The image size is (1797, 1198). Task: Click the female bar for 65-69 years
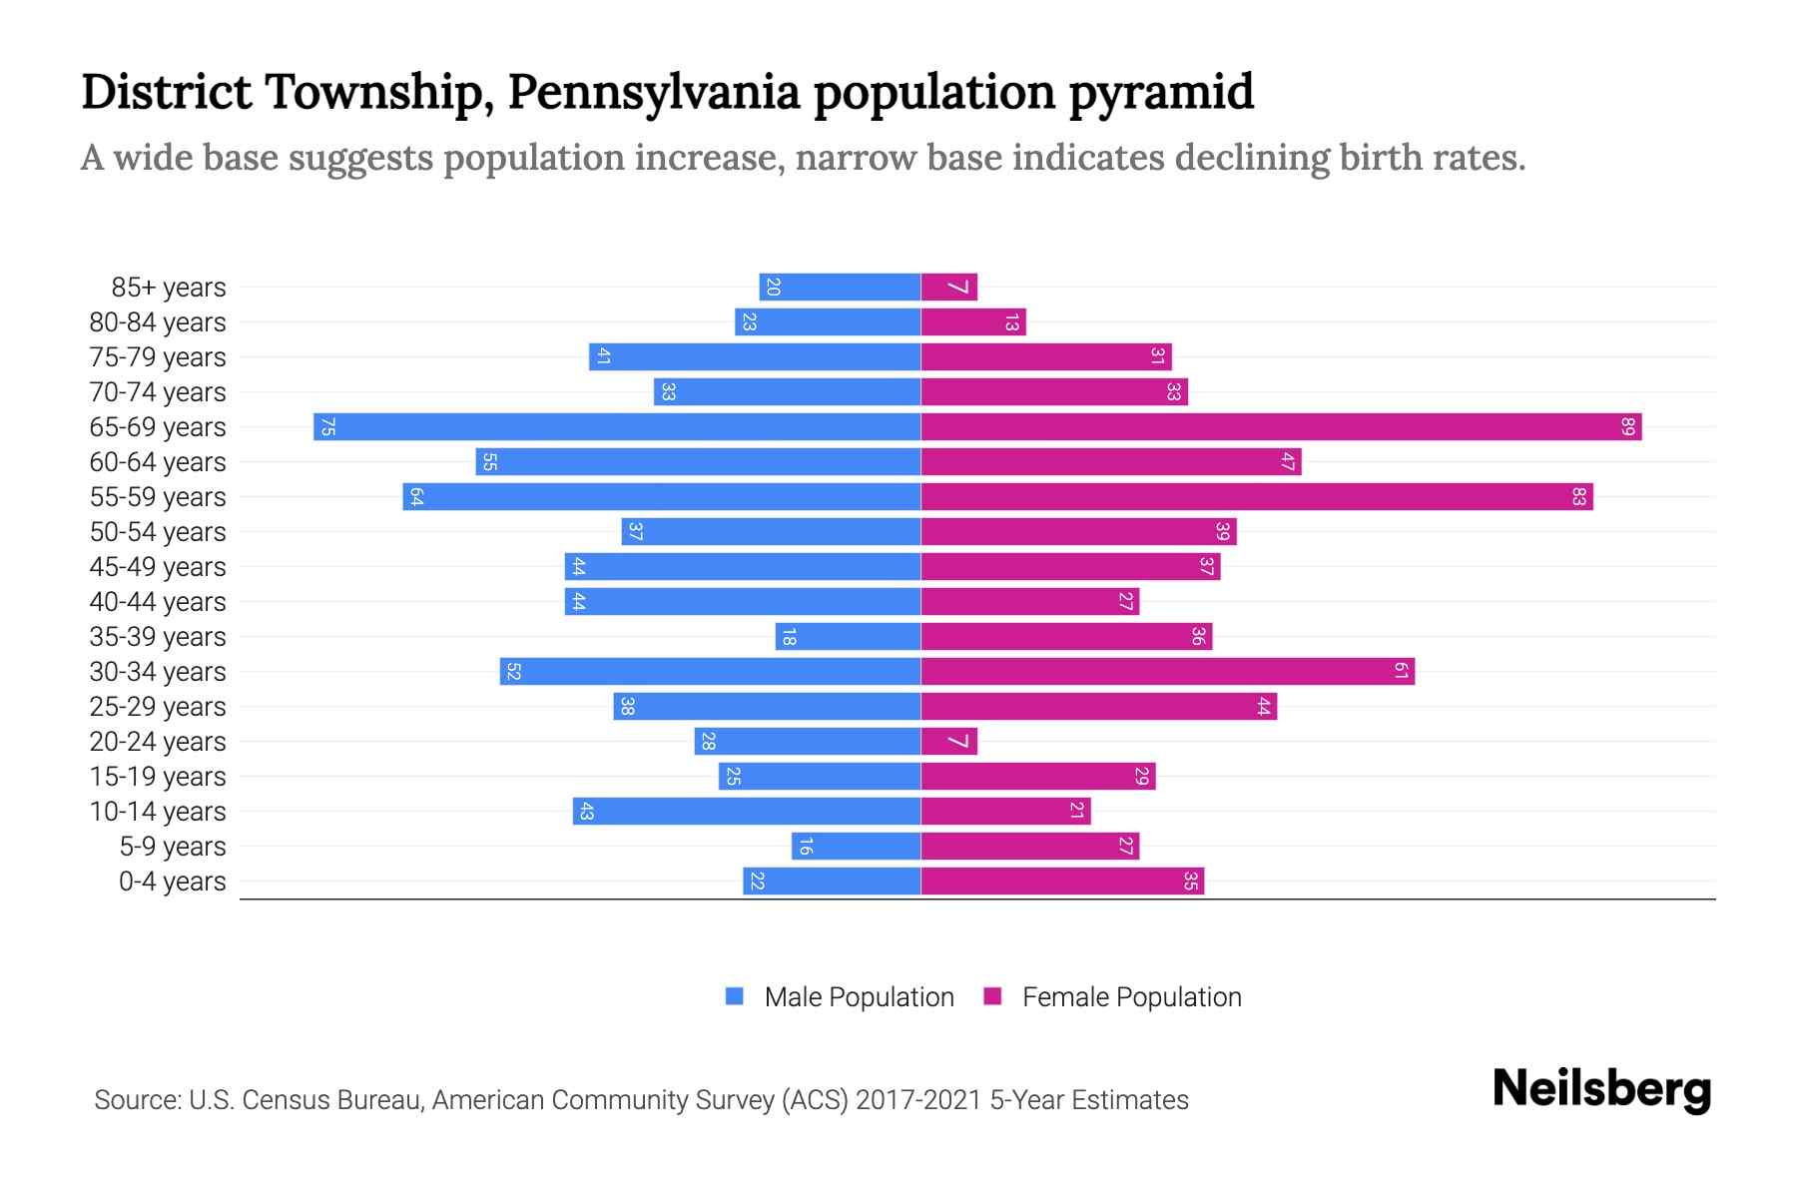pos(1281,427)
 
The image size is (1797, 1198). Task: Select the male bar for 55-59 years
pos(661,497)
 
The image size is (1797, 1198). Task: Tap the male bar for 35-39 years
pos(848,637)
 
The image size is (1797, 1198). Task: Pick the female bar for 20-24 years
pos(948,742)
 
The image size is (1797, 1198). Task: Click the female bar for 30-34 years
pos(1167,672)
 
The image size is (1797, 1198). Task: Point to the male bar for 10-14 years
pos(746,812)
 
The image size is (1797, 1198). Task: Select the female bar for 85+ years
pos(948,288)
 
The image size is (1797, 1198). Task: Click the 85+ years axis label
pos(169,288)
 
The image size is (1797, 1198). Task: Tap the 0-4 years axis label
pos(172,882)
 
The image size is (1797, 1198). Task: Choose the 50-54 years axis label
pos(158,532)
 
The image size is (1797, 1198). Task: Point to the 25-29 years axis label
pos(158,707)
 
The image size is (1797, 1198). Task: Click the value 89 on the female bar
pos(1627,427)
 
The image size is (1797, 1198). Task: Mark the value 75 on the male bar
pos(327,427)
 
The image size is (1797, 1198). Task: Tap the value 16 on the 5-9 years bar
pos(806,847)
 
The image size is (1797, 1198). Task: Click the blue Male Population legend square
pos(735,996)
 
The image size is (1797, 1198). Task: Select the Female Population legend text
pos(1131,997)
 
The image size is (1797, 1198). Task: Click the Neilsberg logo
pos(1601,1089)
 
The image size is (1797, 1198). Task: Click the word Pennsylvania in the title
pos(654,92)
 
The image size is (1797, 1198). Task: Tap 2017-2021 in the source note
pos(918,1100)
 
